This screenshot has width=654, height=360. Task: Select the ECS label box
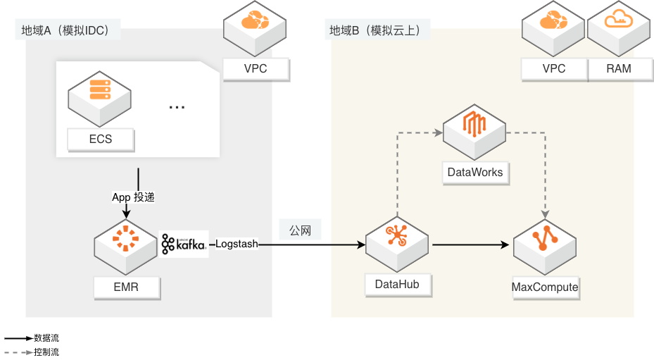pos(100,139)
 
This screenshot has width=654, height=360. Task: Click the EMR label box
pos(127,287)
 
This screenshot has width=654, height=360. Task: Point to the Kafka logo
pos(184,244)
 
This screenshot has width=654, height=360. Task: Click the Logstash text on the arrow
pos(237,244)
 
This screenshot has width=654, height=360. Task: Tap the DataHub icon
pos(398,240)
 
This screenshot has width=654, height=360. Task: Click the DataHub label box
pos(398,284)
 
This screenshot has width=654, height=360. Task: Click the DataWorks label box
pos(474,172)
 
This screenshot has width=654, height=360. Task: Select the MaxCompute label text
pos(545,287)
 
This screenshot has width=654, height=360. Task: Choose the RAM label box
pos(619,69)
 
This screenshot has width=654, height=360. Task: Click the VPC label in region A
pos(256,69)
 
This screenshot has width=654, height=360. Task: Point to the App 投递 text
pos(132,197)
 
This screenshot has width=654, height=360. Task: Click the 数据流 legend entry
pos(46,339)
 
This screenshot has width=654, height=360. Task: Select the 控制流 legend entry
pos(46,352)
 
